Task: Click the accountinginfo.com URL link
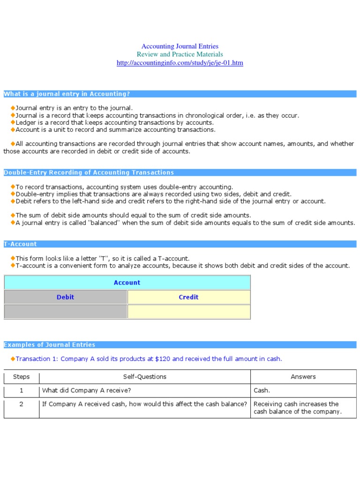(x=180, y=63)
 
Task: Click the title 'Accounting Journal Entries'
(x=180, y=46)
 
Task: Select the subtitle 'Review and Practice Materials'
(x=180, y=54)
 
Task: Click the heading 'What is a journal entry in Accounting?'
(x=67, y=94)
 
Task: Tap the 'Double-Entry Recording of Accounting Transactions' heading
(x=89, y=172)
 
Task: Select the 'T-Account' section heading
(x=20, y=244)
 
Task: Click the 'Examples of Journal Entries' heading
(x=50, y=345)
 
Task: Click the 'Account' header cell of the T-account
(x=127, y=283)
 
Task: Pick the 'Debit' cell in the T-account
(x=66, y=297)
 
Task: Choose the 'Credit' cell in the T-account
(x=188, y=297)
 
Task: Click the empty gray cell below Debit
(x=66, y=312)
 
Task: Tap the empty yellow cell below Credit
(x=188, y=312)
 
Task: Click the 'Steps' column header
(x=22, y=377)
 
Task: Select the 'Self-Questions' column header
(x=145, y=377)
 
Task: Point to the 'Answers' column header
(x=303, y=377)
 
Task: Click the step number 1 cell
(x=22, y=390)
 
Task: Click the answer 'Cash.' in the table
(x=262, y=390)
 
